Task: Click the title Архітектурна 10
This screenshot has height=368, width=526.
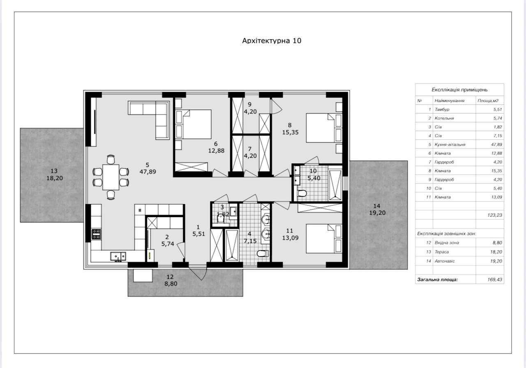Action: click(272, 41)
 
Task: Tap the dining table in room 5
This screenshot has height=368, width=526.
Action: click(111, 177)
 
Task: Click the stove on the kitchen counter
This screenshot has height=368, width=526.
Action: click(96, 234)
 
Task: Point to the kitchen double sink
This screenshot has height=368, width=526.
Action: click(118, 256)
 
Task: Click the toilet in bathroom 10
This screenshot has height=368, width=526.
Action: click(302, 193)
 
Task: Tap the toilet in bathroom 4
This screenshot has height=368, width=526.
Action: click(263, 253)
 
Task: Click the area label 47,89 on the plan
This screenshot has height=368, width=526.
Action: click(148, 172)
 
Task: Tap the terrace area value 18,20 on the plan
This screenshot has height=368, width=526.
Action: click(55, 178)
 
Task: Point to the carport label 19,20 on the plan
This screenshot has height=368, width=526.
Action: click(377, 213)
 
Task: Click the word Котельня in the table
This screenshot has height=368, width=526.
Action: click(444, 118)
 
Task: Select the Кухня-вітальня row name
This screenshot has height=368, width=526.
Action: click(450, 145)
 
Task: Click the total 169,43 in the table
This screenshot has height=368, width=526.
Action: click(494, 280)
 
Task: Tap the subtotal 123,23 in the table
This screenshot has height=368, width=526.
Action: click(494, 215)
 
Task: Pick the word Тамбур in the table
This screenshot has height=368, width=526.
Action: click(442, 109)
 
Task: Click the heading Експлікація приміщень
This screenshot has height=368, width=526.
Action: click(459, 90)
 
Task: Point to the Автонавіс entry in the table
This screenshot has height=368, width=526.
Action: click(445, 261)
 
